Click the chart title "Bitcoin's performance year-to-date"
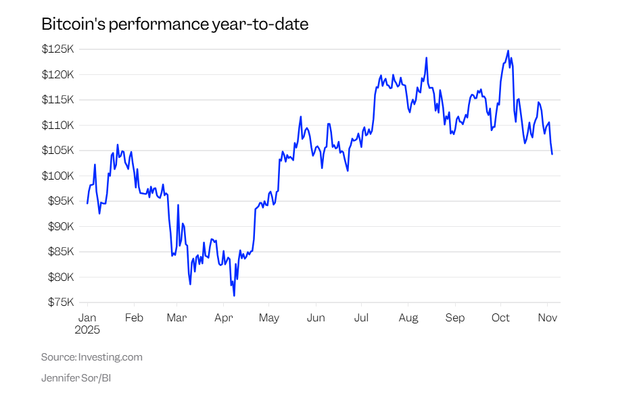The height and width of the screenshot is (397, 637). click(174, 25)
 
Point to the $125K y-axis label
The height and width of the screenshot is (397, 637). click(58, 49)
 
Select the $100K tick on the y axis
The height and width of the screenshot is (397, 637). click(58, 176)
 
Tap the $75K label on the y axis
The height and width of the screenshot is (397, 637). click(60, 302)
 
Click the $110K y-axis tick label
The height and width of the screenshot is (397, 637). click(58, 125)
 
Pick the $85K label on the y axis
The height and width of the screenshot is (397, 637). click(60, 252)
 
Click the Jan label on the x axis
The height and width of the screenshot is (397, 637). click(87, 317)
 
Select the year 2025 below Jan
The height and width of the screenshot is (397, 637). click(87, 330)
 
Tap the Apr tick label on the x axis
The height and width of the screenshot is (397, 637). click(223, 317)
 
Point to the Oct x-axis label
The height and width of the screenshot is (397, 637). click(501, 317)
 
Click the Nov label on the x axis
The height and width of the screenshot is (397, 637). click(548, 317)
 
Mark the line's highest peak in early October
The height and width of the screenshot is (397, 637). click(508, 51)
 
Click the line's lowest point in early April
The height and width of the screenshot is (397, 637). click(234, 295)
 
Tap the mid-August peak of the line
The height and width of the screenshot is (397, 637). click(427, 58)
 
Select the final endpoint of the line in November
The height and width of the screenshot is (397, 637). click(552, 154)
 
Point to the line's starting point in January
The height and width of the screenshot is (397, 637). click(87, 203)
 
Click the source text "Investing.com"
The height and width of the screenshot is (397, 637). click(110, 357)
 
